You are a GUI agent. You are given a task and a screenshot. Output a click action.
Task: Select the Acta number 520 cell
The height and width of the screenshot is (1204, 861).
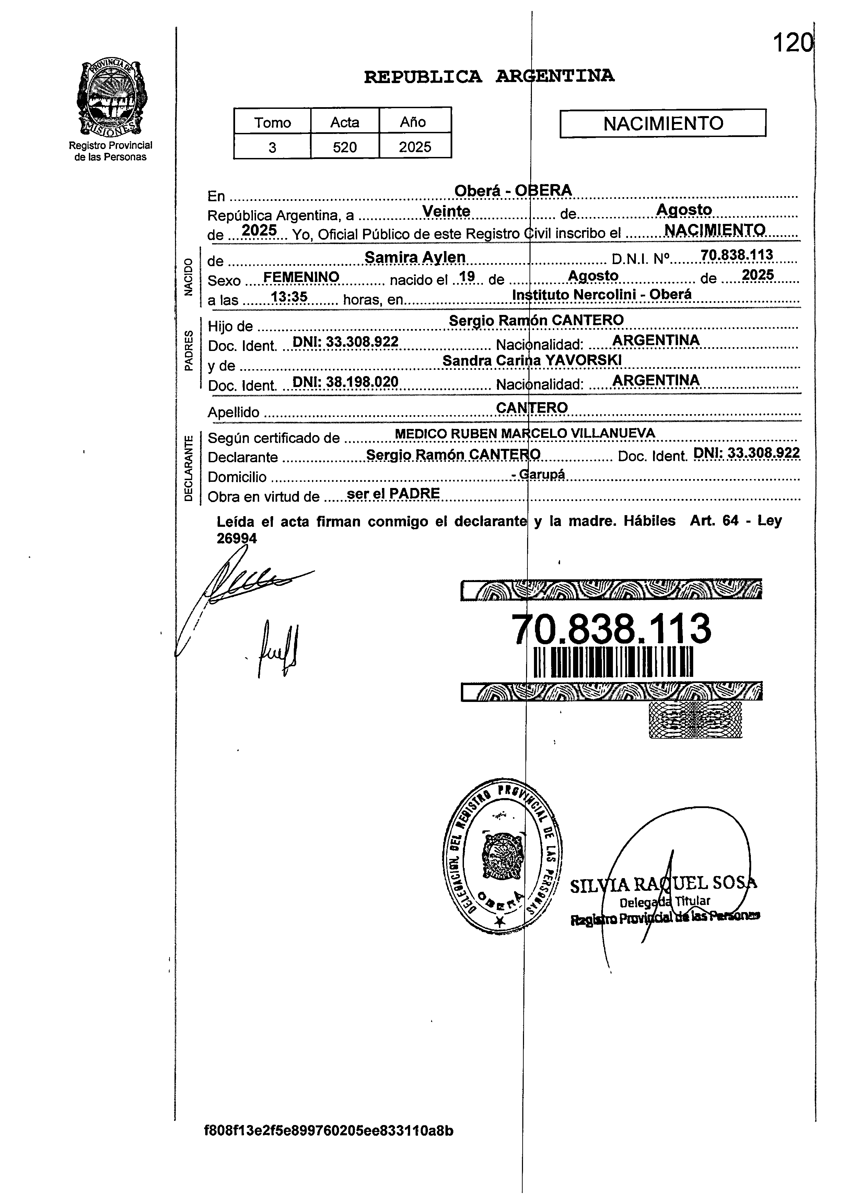[345, 147]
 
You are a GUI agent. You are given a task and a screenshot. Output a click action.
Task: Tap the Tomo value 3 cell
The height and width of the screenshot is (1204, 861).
[272, 147]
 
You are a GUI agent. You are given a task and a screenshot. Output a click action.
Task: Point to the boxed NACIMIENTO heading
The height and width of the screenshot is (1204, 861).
[663, 123]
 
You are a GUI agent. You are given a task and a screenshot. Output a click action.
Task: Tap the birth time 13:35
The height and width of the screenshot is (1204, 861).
[289, 297]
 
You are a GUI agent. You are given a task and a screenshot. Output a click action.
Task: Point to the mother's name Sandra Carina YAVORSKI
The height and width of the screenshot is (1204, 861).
[532, 361]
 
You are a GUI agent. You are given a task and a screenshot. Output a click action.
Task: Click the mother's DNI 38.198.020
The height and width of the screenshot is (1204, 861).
[345, 382]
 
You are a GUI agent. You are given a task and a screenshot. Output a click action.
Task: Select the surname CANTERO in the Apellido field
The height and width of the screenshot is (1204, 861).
[532, 407]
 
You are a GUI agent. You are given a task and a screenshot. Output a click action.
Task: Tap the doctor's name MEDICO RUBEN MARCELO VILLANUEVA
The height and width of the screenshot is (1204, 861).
[525, 433]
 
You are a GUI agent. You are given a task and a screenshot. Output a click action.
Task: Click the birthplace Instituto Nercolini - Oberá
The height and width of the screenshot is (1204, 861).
[602, 295]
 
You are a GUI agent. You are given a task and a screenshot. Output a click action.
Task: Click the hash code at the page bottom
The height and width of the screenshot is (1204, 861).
[329, 1131]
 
